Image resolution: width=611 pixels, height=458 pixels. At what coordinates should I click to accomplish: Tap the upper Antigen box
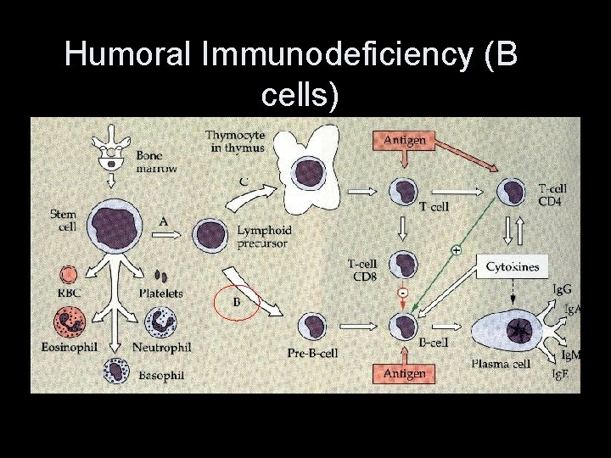404,138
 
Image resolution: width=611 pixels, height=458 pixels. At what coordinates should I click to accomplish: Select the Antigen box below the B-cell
404,372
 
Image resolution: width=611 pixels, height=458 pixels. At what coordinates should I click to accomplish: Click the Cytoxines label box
513,266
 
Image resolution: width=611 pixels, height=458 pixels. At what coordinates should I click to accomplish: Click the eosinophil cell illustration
69,323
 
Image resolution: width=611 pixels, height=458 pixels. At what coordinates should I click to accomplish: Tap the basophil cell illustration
116,371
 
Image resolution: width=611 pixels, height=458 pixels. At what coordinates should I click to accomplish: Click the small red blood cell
68,275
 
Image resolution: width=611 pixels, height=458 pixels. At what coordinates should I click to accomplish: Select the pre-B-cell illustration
312,325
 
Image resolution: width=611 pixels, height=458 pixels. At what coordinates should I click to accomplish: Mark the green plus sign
456,251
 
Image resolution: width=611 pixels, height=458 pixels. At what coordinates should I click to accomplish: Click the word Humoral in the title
128,56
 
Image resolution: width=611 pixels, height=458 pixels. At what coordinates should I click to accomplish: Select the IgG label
561,290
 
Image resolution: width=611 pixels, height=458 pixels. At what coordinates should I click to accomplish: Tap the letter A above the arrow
163,221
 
